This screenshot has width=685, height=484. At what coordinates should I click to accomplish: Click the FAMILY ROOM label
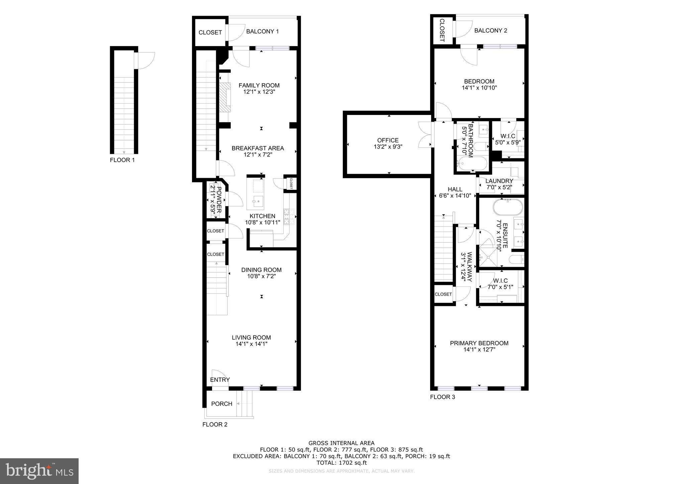259,86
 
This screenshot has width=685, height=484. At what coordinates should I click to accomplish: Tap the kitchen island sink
258,202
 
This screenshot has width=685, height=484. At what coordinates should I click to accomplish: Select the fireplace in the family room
225,97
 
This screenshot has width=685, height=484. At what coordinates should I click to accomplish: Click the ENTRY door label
220,380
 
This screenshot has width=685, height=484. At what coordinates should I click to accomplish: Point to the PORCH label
221,404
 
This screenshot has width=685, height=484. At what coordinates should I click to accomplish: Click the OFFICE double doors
425,135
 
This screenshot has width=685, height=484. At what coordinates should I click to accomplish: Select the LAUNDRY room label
499,181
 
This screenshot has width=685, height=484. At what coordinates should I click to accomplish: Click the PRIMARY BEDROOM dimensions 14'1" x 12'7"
479,350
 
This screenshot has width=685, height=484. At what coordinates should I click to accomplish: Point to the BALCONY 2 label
491,31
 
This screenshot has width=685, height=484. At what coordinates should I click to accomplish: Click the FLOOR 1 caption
122,160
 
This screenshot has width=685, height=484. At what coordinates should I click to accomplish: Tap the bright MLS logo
39,471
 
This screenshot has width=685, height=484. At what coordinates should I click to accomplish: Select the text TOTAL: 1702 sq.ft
341,463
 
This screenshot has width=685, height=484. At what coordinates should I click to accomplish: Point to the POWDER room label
219,200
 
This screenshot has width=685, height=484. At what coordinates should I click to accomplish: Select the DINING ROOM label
261,270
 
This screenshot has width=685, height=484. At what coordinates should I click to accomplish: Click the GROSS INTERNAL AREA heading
341,443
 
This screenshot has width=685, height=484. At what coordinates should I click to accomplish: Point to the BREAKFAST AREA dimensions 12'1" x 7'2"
258,155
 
